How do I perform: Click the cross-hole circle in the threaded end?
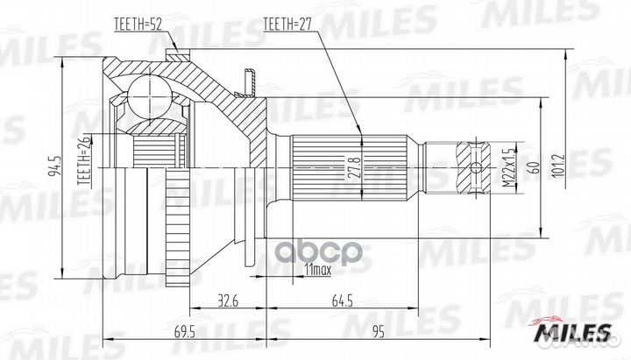click(476, 167)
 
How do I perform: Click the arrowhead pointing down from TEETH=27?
click(360, 131)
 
